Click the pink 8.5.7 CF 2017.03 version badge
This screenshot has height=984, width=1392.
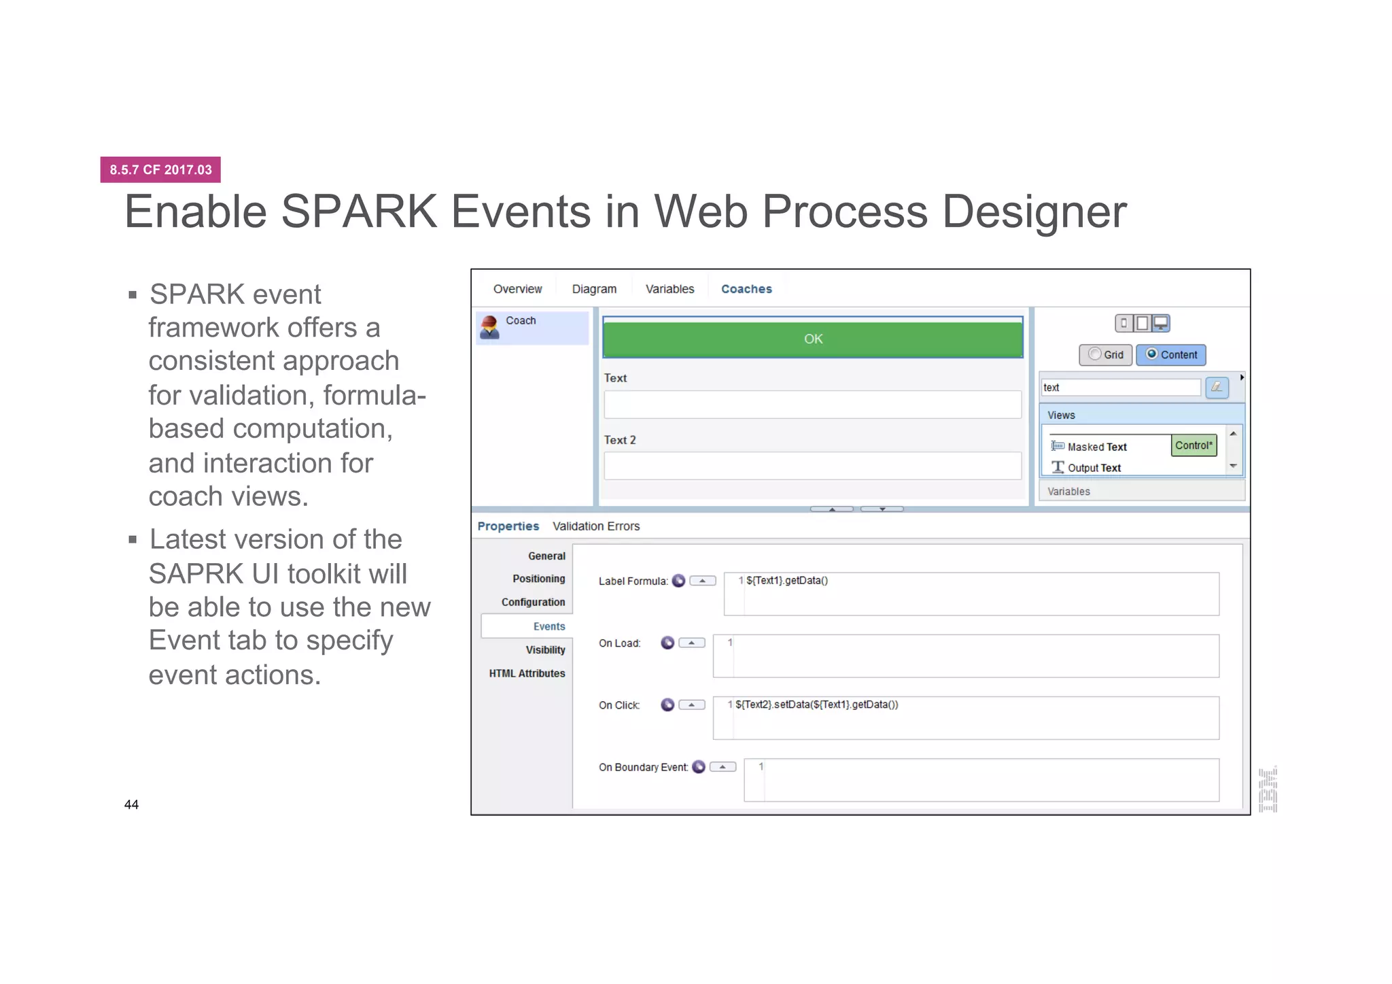pos(160,170)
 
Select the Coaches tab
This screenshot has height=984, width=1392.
pos(746,289)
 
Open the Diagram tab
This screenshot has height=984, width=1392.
pos(593,289)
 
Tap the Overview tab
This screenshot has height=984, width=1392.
pos(517,289)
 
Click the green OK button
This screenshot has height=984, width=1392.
pos(812,339)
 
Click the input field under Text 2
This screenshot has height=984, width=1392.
pos(812,466)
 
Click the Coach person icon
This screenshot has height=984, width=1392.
pos(489,327)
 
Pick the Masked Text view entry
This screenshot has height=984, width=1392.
pos(1096,447)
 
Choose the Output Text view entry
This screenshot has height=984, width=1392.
pos(1094,468)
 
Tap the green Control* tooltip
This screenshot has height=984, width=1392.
pos(1194,445)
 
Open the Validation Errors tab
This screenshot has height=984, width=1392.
pos(595,526)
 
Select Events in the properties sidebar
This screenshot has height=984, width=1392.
pos(549,626)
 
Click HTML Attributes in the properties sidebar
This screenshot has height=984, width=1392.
pos(527,673)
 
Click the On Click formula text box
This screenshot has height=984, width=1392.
pos(965,718)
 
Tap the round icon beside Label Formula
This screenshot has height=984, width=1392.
pos(678,581)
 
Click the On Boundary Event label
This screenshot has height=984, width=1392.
pos(642,767)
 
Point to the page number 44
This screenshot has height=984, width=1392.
pos(131,804)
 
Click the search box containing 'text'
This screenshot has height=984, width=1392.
pos(1120,388)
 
